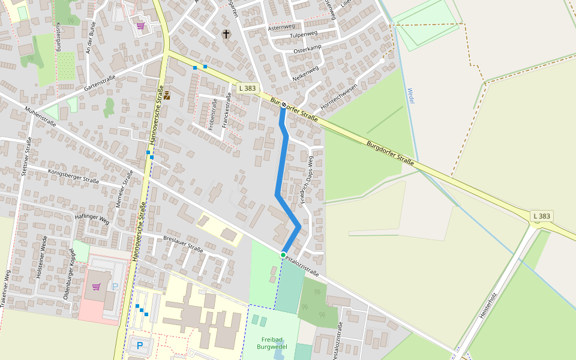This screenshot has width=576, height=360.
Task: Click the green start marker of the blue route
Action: coord(283,255)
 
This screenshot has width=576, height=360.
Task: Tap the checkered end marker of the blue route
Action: coord(283,104)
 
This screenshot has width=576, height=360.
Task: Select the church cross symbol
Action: coord(226,34)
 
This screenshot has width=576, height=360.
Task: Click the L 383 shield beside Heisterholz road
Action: coord(541,216)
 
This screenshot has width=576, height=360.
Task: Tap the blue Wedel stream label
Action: coord(411,95)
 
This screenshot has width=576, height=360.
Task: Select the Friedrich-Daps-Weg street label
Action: coord(307,180)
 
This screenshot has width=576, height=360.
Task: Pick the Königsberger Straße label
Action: coord(73,176)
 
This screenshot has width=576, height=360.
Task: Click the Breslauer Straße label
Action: coord(183,243)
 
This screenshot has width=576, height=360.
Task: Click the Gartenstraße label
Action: coord(100,83)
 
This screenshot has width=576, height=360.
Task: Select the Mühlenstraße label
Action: coord(41,116)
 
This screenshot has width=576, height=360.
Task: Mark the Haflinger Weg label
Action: coord(92,218)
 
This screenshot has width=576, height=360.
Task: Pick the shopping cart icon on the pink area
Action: coord(96,287)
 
